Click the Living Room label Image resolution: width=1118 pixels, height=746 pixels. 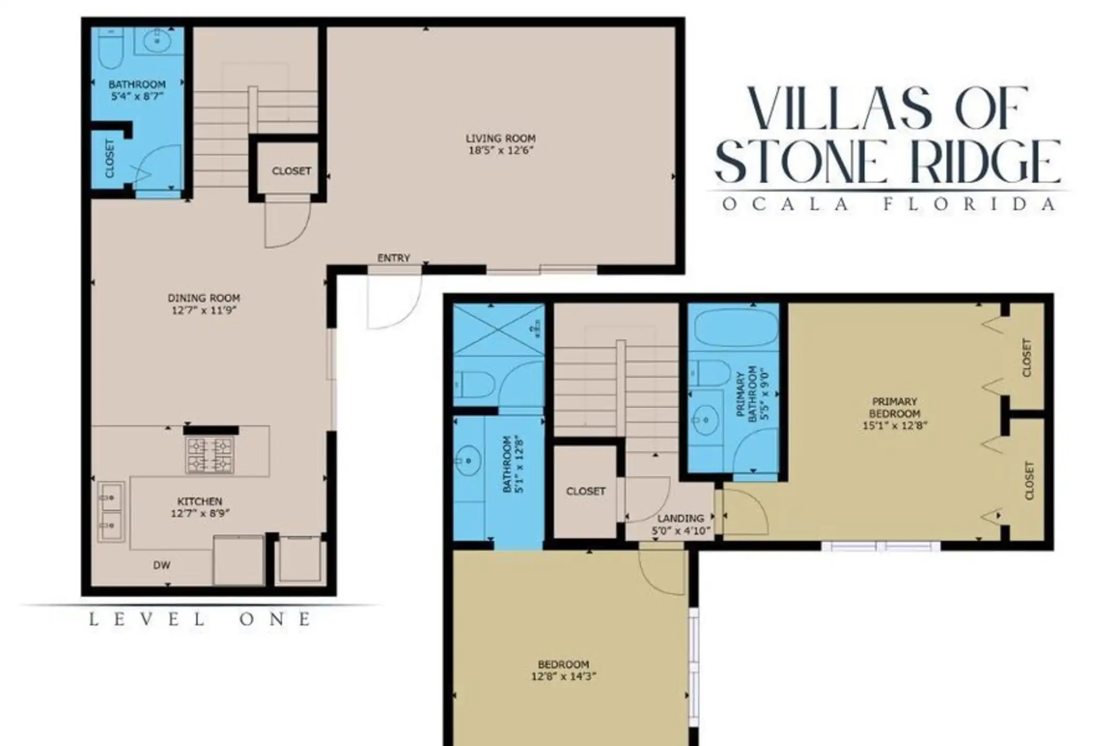(x=500, y=139)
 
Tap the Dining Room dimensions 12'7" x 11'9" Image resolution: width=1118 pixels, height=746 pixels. (x=204, y=310)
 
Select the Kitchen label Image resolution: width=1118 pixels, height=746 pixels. (x=200, y=501)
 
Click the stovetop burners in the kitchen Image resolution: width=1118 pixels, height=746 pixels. (x=210, y=455)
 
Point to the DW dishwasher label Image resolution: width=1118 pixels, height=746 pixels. (x=162, y=566)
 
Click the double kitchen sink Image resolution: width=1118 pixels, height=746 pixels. (x=111, y=512)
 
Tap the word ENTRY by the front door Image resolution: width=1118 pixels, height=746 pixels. (x=393, y=258)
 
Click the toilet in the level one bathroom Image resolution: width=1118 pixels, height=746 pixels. (x=110, y=48)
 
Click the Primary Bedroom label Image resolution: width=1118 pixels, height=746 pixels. (x=894, y=408)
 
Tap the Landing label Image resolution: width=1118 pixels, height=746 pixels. (x=681, y=518)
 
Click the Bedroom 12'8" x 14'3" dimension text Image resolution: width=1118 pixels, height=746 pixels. (x=564, y=676)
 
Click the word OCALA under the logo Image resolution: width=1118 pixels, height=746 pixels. (x=785, y=204)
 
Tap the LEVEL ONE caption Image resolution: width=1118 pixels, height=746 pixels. (x=200, y=619)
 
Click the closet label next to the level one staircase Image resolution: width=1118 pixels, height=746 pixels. (x=291, y=170)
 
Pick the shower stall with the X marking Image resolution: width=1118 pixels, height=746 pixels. (x=499, y=329)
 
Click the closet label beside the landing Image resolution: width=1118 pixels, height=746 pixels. (x=585, y=491)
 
